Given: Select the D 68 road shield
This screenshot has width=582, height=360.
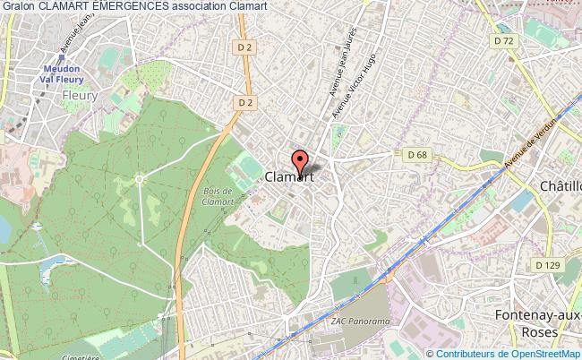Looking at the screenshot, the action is coord(415,155).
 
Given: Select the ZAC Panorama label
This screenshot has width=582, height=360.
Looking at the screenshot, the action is coord(359,321).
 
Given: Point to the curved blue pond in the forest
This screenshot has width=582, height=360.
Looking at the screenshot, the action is coord(54,266).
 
